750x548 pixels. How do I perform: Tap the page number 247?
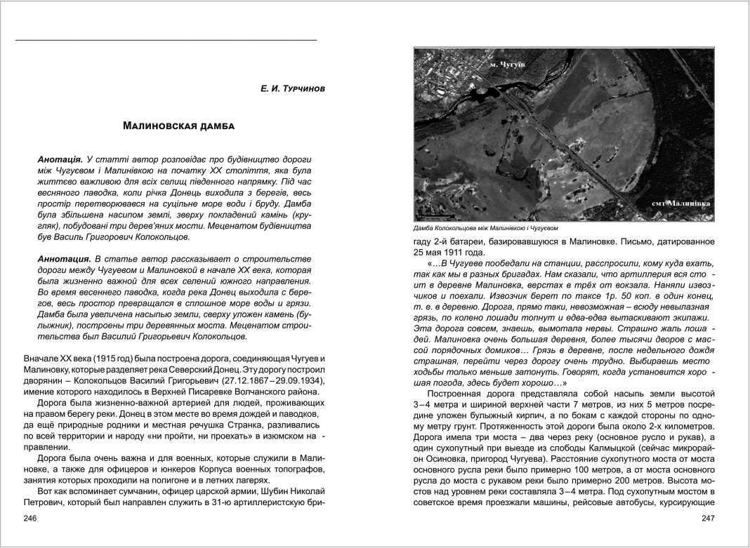click(708, 518)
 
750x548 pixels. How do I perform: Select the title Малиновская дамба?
click(178, 126)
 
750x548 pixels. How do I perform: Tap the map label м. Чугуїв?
click(507, 65)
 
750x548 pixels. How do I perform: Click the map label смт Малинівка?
click(680, 203)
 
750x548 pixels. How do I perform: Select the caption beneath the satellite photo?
click(485, 228)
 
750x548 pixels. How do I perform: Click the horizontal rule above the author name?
click(166, 40)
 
